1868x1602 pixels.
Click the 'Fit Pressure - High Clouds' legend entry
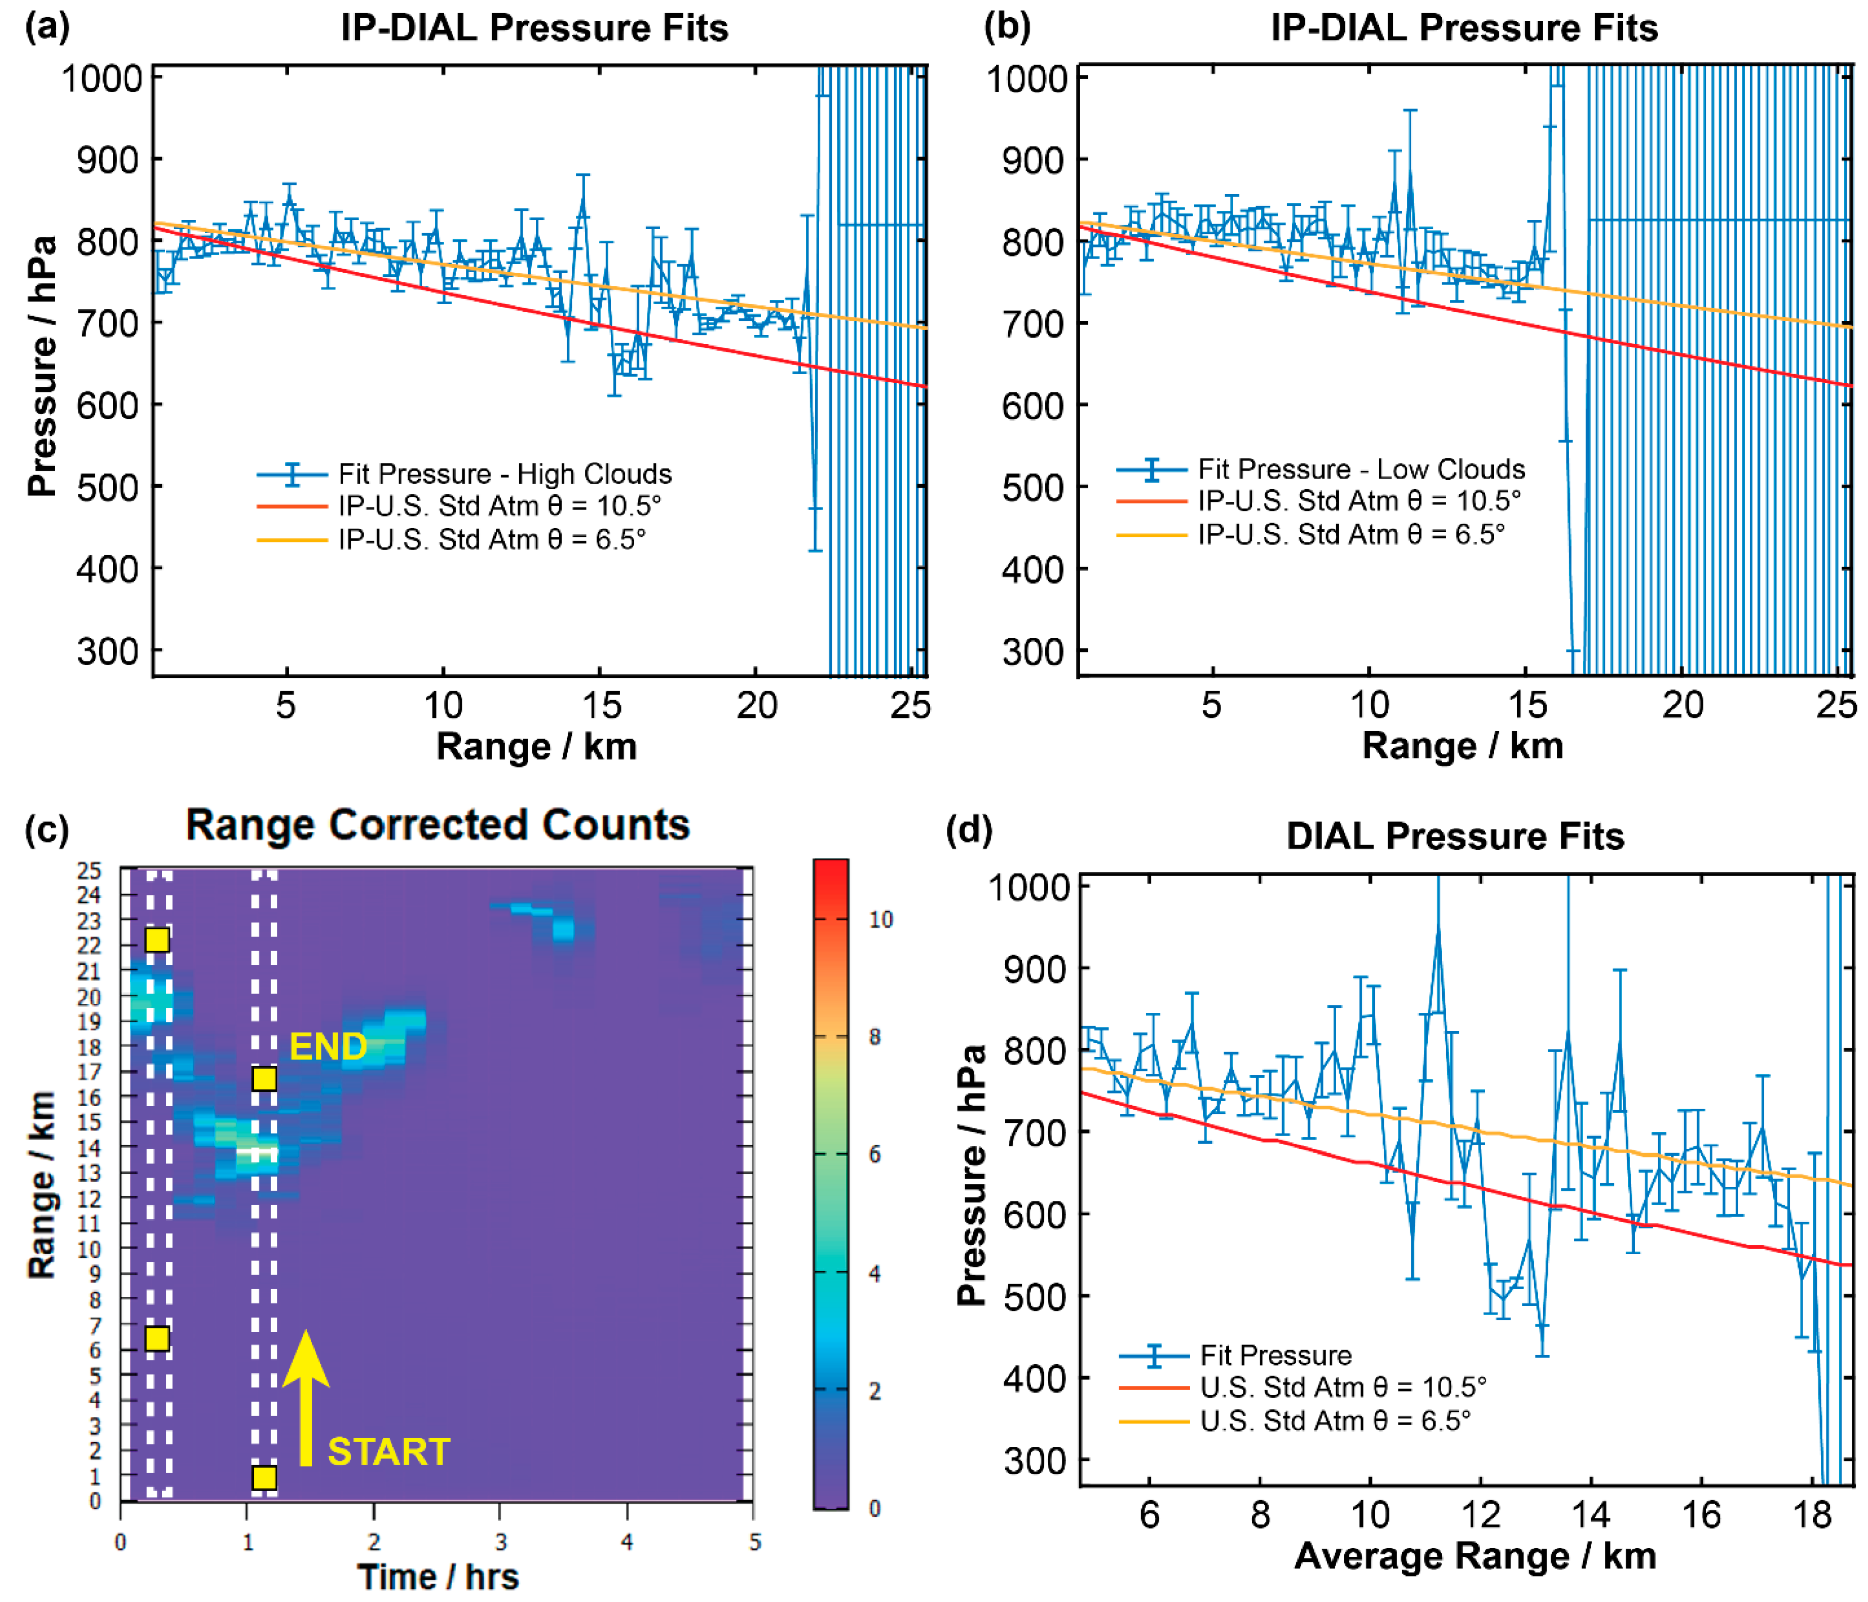(x=505, y=474)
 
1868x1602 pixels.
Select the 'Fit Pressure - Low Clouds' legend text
(x=1361, y=469)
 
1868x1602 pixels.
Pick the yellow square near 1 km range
(x=263, y=1477)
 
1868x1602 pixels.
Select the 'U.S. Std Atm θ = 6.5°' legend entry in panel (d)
(x=1334, y=1421)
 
